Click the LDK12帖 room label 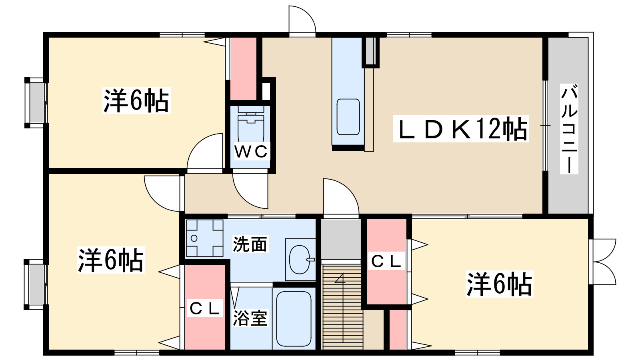[461, 129]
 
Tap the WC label [251, 152]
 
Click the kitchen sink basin [348, 117]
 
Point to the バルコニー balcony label [569, 129]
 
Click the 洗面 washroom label [250, 244]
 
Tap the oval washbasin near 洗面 [299, 260]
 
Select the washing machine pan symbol [205, 238]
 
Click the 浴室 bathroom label [250, 318]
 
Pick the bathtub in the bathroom [294, 319]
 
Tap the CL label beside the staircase [386, 262]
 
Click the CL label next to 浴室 [205, 308]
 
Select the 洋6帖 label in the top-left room [136, 100]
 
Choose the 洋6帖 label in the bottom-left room [110, 260]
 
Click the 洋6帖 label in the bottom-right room [499, 284]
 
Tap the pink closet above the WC [243, 68]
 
